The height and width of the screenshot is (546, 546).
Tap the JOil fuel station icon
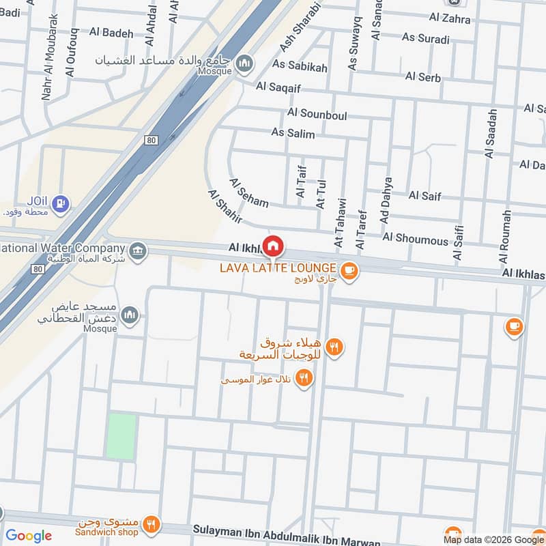[62, 203]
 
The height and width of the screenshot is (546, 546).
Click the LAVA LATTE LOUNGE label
[278, 268]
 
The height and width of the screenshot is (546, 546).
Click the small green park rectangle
[121, 436]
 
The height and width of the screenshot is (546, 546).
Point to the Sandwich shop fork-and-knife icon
[152, 524]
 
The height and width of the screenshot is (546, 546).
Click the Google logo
[29, 536]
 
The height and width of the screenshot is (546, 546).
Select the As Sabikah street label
[300, 66]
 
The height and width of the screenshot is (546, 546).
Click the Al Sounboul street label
[317, 113]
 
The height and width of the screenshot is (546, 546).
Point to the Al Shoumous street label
[415, 238]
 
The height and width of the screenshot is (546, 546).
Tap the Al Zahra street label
[450, 18]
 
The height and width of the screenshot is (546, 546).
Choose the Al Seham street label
[248, 193]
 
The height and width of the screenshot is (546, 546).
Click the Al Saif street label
[425, 196]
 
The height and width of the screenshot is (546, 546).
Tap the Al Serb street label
[422, 76]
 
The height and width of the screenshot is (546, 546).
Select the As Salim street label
[293, 132]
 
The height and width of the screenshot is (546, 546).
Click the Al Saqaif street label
[278, 87]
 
